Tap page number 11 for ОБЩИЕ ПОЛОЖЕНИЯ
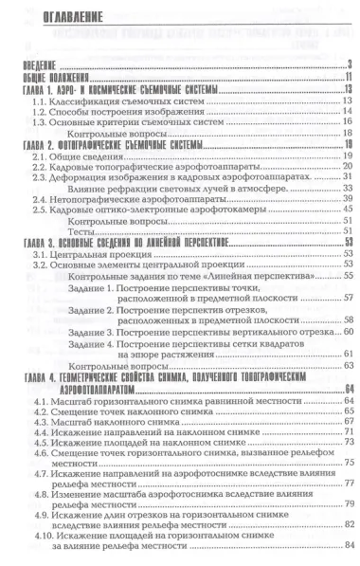click(x=346, y=76)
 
